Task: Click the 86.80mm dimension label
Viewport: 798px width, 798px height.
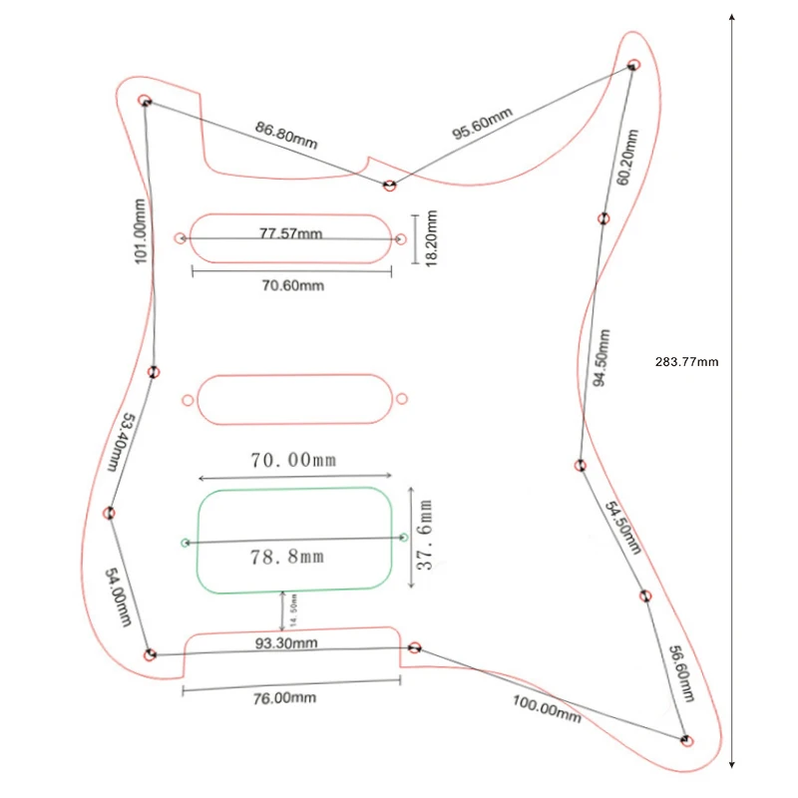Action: pyautogui.click(x=286, y=135)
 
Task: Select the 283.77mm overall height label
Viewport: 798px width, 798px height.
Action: pyautogui.click(x=687, y=362)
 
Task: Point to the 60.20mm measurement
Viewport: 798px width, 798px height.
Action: pyautogui.click(x=623, y=158)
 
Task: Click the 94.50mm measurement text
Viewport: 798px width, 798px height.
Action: pyautogui.click(x=600, y=353)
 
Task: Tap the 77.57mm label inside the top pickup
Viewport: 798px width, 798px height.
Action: pyautogui.click(x=291, y=233)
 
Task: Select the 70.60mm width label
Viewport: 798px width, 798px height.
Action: pyautogui.click(x=292, y=285)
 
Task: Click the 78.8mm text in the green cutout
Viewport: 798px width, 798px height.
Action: pyautogui.click(x=291, y=556)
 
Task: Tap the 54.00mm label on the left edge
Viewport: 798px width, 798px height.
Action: pyautogui.click(x=118, y=596)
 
